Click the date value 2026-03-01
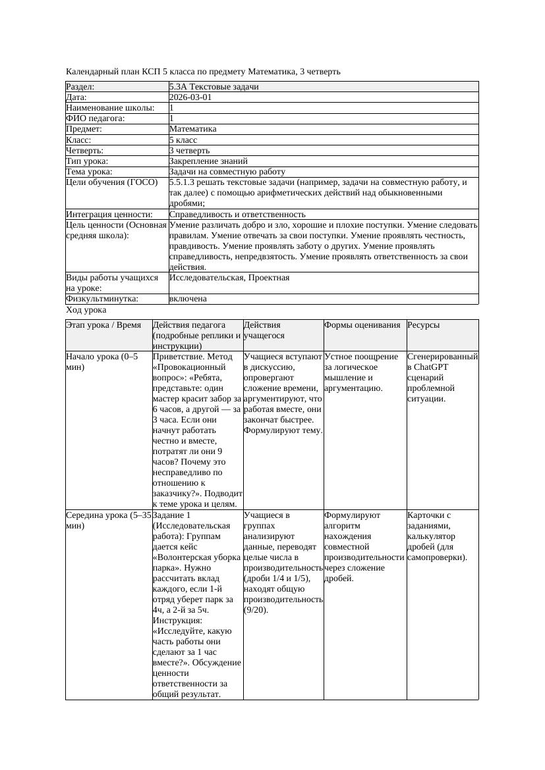click(x=190, y=97)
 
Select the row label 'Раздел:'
click(x=80, y=87)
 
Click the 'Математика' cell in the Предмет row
click(x=192, y=129)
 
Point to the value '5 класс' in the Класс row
click(x=183, y=140)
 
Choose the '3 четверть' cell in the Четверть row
click(x=189, y=150)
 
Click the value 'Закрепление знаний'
click(x=208, y=161)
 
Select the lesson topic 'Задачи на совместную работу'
click(x=227, y=172)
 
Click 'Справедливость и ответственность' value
click(x=237, y=215)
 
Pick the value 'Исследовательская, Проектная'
click(x=229, y=278)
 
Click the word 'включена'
click(x=188, y=299)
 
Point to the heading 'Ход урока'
click(x=86, y=310)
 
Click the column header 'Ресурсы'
click(x=424, y=325)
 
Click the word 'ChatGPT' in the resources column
click(x=433, y=367)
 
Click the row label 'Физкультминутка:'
click(x=102, y=299)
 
